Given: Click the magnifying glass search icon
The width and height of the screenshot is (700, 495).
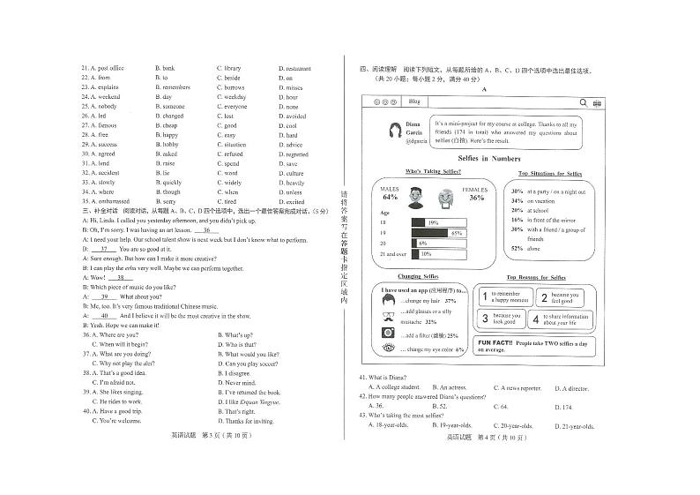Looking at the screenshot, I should tap(583, 102).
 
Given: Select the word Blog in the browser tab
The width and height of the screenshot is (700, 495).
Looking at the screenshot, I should tap(413, 102).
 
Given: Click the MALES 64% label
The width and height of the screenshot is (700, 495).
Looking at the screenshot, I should tap(390, 193).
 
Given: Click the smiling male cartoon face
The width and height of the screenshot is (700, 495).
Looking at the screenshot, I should tap(415, 199).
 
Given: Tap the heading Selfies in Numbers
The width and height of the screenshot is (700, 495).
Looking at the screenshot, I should tap(484, 158).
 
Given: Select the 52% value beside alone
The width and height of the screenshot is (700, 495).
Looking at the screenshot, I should tap(517, 249).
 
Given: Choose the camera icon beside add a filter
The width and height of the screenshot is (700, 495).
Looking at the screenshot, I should tap(388, 333).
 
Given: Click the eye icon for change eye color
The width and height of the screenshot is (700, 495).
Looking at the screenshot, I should tap(388, 349).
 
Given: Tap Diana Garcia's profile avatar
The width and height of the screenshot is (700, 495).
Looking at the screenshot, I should tap(391, 131).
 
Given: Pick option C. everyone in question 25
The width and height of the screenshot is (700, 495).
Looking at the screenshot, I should tap(232, 106).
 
